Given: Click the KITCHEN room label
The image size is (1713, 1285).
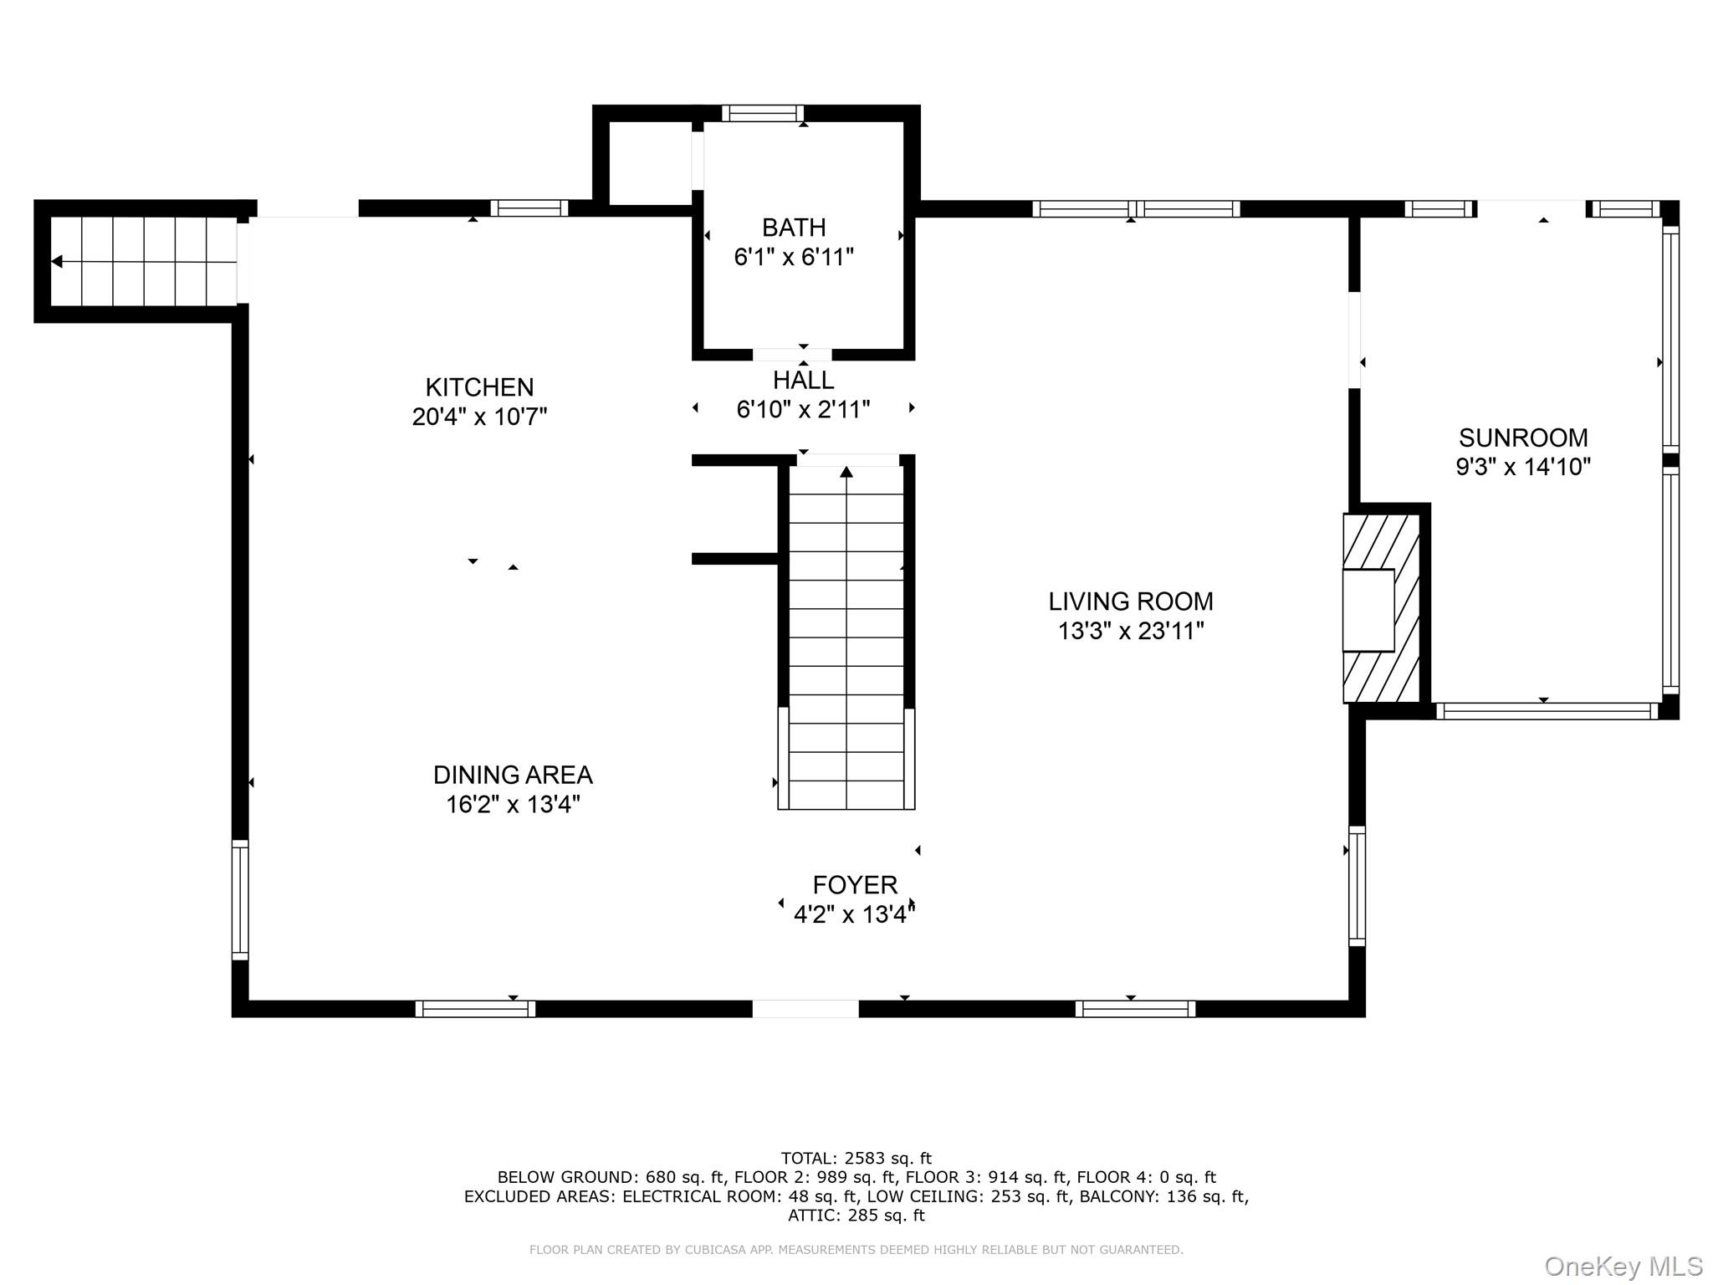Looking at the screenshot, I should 479,387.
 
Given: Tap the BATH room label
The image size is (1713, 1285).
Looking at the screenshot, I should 793,227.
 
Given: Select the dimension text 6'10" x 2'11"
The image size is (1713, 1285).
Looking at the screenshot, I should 803,409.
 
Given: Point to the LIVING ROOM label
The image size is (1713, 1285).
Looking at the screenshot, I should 1130,601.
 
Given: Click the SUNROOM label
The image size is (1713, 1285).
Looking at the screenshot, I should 1522,437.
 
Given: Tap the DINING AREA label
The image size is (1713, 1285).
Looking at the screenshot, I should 513,774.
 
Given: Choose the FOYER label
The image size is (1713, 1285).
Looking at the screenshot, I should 855,884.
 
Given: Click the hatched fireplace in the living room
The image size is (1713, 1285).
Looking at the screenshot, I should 1381,608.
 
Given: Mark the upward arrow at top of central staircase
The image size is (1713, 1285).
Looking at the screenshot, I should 846,472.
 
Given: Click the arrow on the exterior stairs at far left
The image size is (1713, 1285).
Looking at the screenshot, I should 57,262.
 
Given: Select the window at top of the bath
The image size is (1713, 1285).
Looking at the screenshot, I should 762,113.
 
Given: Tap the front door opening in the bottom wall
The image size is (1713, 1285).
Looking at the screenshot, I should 805,1008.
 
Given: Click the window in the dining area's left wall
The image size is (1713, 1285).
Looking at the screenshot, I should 240,899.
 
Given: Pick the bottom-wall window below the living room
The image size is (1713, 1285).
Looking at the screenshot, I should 1134,1008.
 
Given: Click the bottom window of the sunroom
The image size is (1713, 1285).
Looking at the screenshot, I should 1546,711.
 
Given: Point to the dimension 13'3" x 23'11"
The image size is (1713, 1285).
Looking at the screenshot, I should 1130,631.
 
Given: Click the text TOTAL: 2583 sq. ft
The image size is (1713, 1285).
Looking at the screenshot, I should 856,1158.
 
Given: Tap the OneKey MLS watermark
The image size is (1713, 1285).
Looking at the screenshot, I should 1623,1266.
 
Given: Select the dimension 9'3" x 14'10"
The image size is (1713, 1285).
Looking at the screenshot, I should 1522,467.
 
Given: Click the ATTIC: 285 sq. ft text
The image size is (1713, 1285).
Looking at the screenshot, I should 856,1215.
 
